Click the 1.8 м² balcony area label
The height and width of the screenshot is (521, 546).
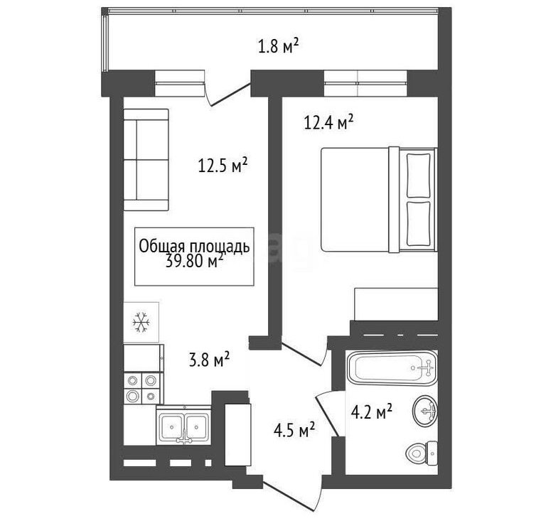pyautogui.click(x=278, y=46)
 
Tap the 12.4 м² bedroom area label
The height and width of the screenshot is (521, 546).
pyautogui.click(x=328, y=122)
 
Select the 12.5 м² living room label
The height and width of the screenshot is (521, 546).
pyautogui.click(x=223, y=165)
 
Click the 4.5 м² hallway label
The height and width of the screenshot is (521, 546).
pyautogui.click(x=294, y=430)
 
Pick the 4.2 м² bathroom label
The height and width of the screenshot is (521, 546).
pyautogui.click(x=372, y=412)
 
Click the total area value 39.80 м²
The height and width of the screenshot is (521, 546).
pyautogui.click(x=194, y=262)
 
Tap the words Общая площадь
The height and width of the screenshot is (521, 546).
pyautogui.click(x=194, y=247)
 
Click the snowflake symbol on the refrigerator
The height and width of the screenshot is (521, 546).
pyautogui.click(x=141, y=322)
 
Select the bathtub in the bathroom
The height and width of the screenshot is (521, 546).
pyautogui.click(x=392, y=367)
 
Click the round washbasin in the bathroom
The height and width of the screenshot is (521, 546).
pyautogui.click(x=425, y=411)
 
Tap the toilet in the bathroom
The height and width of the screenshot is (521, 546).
pyautogui.click(x=422, y=453)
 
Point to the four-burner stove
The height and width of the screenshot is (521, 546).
pyautogui.click(x=143, y=388)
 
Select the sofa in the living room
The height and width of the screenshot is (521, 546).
pyautogui.click(x=146, y=160)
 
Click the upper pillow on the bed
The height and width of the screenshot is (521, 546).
pyautogui.click(x=419, y=175)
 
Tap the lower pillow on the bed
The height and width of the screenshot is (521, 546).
pyautogui.click(x=419, y=223)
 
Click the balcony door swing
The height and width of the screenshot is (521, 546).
pyautogui.click(x=227, y=94)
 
